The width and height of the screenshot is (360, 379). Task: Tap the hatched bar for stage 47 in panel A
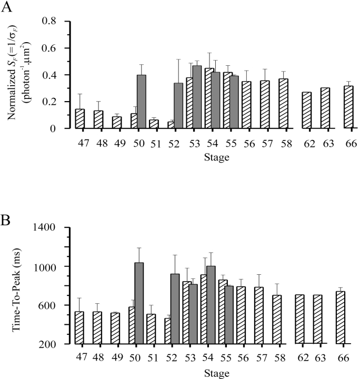[x=80, y=118]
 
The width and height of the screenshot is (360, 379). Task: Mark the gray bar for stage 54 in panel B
[x=212, y=305]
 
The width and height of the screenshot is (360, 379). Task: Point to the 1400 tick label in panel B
[x=50, y=227]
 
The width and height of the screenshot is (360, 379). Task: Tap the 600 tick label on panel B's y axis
[x=53, y=305]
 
